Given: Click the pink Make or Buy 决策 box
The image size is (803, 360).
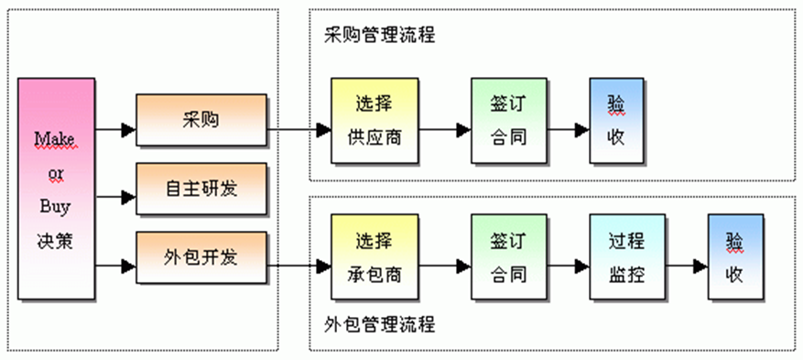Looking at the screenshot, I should click(x=56, y=188).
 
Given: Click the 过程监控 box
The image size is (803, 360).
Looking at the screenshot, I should click(x=626, y=257).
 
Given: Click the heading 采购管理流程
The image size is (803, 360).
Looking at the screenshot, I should click(x=379, y=36).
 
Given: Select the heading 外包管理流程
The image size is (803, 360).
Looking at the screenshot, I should click(x=379, y=324).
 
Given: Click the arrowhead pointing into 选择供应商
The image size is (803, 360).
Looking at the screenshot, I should click(x=323, y=131).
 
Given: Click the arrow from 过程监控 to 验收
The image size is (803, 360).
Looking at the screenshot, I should click(x=687, y=267).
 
